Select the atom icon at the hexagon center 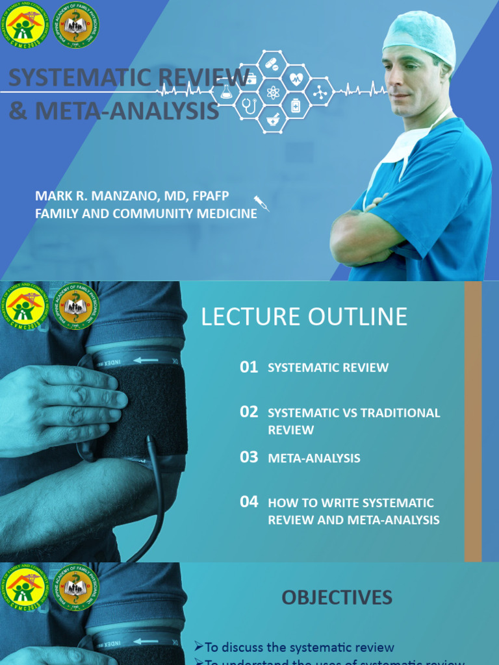point(273,92)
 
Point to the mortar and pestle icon point(272,119)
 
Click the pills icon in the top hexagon point(272,65)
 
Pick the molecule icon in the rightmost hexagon point(320,92)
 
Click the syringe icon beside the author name point(261,203)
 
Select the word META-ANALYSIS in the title point(127,111)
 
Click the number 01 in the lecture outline point(249,368)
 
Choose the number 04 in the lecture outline point(249,502)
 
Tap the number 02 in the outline point(249,412)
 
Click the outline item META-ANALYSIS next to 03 point(314,458)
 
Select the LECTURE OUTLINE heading point(304,317)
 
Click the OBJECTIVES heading point(337,597)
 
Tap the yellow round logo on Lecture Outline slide point(25,305)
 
